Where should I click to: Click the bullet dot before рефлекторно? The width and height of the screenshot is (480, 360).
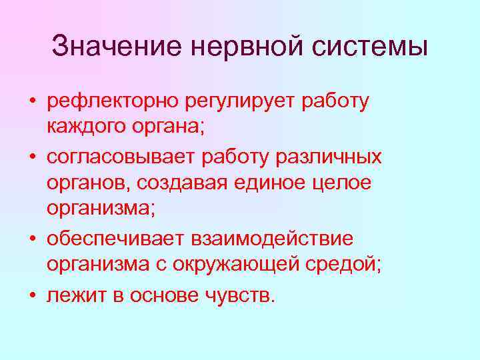coord(32,102)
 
